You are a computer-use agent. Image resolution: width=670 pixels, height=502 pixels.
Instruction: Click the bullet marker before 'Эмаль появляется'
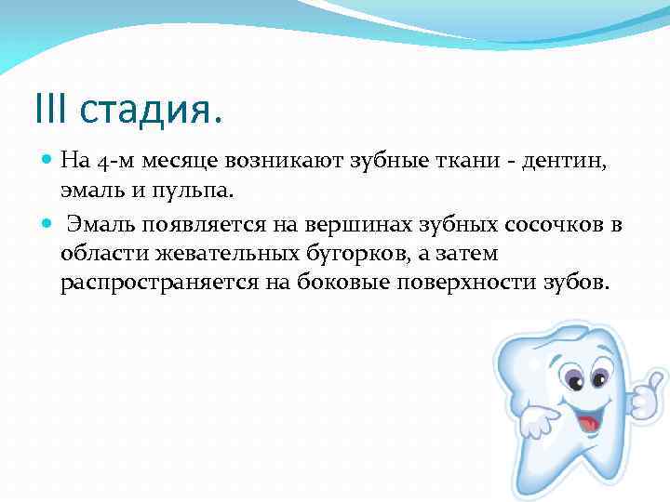click(x=47, y=224)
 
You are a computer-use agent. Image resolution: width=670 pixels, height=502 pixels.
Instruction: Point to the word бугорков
click(x=328, y=254)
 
